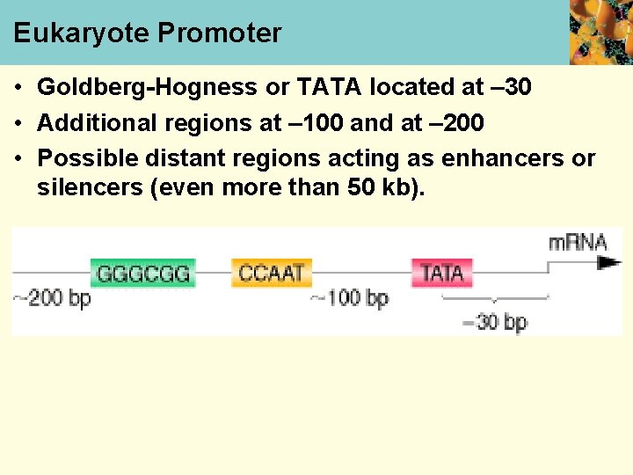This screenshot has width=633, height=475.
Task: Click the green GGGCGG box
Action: [142, 273]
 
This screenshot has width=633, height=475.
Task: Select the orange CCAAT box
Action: [272, 273]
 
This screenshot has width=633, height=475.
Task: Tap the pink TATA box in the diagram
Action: [442, 273]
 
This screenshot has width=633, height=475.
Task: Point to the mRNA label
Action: [578, 242]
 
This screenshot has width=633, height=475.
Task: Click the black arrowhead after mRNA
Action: [609, 263]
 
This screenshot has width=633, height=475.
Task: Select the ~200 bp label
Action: [52, 298]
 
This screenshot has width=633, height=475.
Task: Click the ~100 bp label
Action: [349, 298]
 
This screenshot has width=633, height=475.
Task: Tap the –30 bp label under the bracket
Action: [494, 322]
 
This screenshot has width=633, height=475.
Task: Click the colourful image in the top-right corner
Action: [600, 32]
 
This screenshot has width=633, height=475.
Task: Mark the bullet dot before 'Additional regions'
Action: [18, 123]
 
